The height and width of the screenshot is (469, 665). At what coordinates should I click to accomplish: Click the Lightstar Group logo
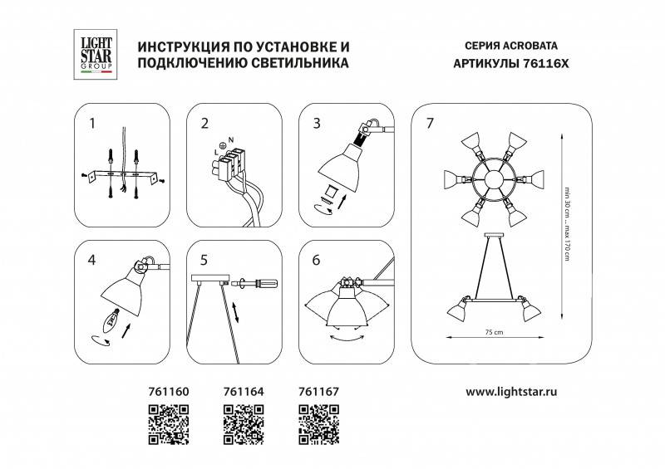(92, 51)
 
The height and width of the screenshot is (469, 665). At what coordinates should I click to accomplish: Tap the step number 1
(92, 124)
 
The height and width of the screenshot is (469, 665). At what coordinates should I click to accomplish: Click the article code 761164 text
(242, 388)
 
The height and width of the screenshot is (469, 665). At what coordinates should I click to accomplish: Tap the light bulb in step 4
(111, 318)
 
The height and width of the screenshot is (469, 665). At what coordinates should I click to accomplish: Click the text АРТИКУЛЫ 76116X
(509, 62)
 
